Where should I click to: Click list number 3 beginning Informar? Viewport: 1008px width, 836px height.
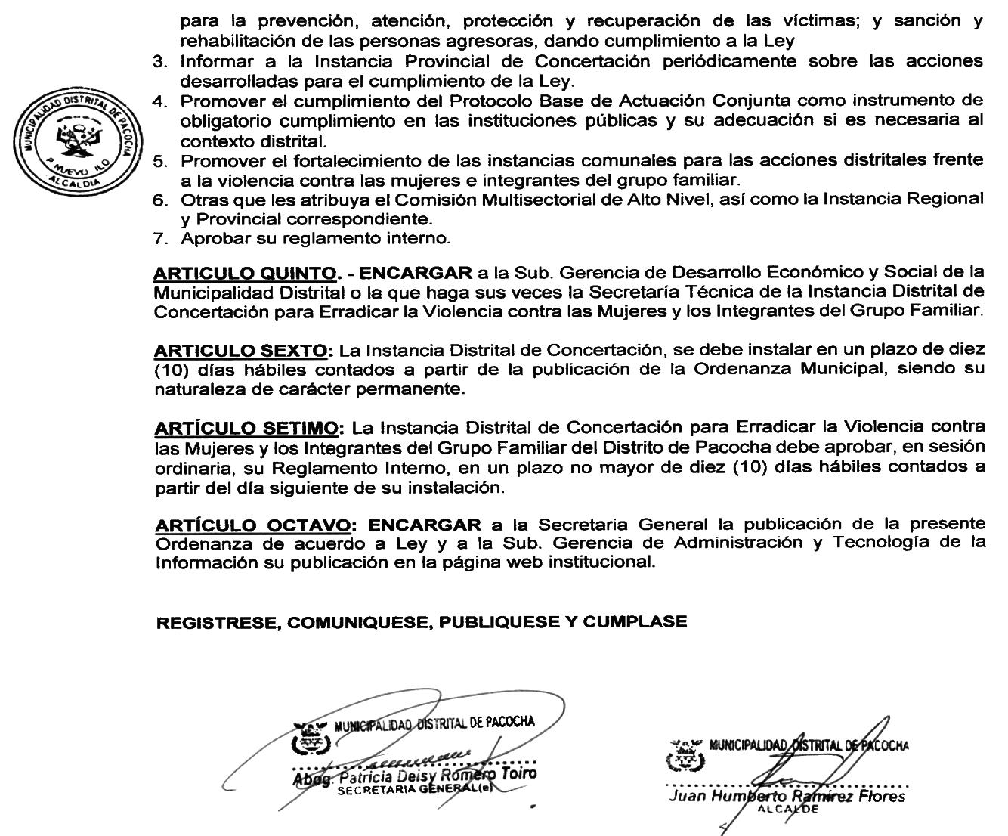click(x=159, y=62)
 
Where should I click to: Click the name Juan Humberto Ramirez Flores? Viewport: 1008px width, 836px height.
click(x=786, y=797)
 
